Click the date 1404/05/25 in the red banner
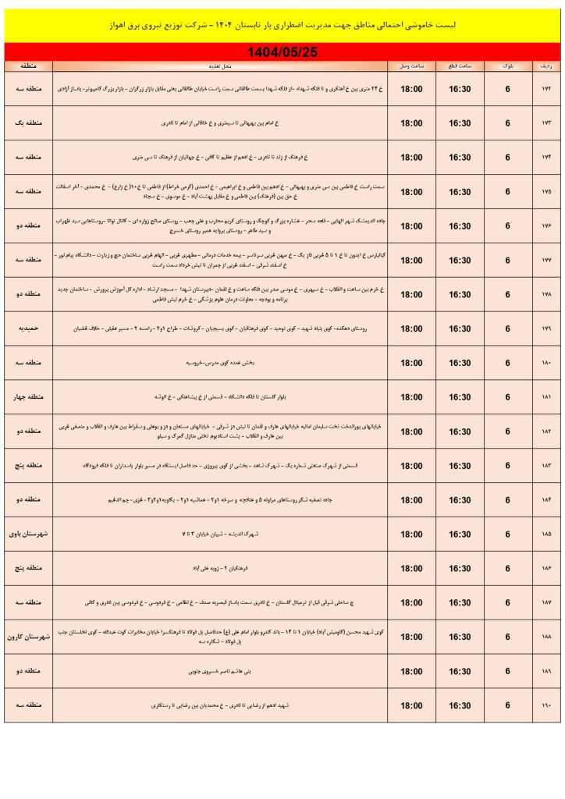click(x=282, y=51)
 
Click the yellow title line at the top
click(x=282, y=25)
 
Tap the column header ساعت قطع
click(x=459, y=67)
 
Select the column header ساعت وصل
click(x=411, y=67)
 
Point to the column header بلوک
click(x=507, y=67)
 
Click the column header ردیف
click(x=545, y=67)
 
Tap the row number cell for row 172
click(x=545, y=90)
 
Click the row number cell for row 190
click(x=545, y=705)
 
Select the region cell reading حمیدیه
click(x=29, y=329)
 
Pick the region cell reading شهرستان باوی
click(x=29, y=534)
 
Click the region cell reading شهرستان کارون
click(x=29, y=637)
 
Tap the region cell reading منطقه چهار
click(x=29, y=398)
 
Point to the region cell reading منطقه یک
click(x=29, y=124)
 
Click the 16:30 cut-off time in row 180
click(x=459, y=364)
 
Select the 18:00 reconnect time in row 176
click(x=411, y=226)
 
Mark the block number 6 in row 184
click(x=507, y=500)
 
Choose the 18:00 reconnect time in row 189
click(x=411, y=671)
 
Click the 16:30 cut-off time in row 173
click(x=459, y=124)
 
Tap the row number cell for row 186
click(x=545, y=569)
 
